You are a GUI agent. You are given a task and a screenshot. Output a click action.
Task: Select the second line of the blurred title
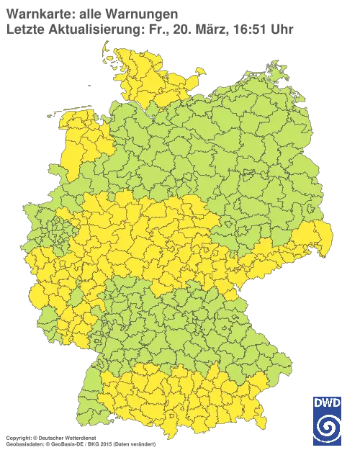pos(144,29)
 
